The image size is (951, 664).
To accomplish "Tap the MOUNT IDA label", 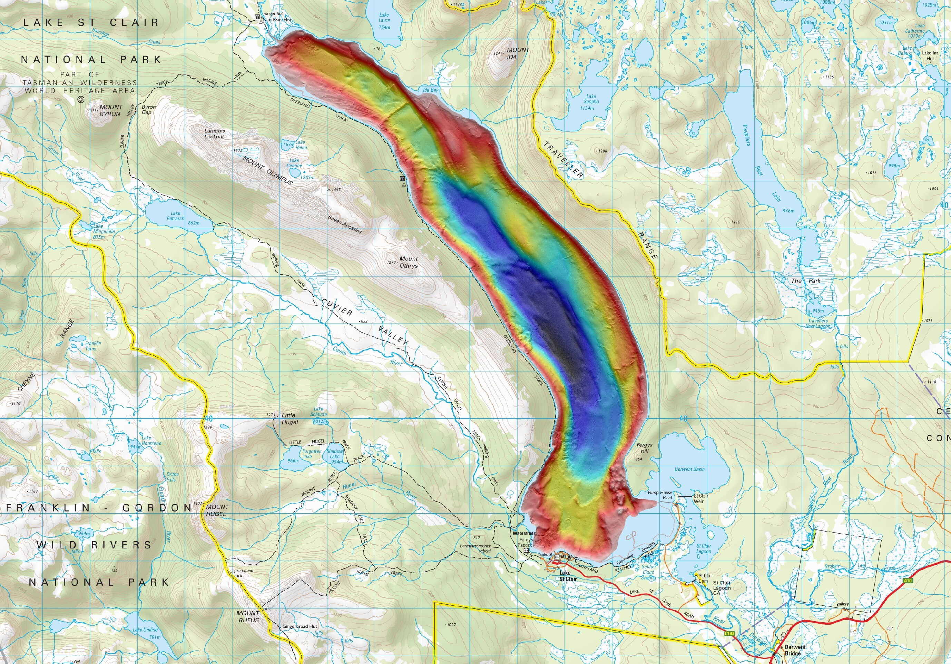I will click(515, 53).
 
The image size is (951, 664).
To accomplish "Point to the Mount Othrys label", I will click(409, 262).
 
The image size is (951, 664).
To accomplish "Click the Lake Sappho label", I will click(591, 102).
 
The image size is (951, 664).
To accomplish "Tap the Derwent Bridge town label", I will click(794, 650).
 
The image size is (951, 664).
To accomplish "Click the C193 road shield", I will click(729, 634).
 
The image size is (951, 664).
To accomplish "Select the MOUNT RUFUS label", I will click(248, 616).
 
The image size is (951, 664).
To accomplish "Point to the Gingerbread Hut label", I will click(300, 626).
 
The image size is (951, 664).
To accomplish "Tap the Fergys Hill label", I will click(645, 448).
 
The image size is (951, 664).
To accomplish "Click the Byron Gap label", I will click(148, 109).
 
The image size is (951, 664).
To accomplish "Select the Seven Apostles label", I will click(345, 224).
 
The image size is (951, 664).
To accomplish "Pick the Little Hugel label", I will click(289, 418).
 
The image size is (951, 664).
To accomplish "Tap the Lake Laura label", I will click(384, 21).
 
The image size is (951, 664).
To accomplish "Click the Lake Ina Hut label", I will click(930, 56).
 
